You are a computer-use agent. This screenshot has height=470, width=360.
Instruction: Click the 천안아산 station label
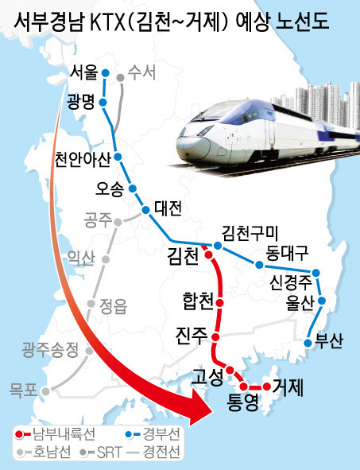(82, 159)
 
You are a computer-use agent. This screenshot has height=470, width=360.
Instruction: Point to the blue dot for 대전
(145, 210)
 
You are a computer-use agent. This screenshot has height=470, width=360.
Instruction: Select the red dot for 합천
(219, 303)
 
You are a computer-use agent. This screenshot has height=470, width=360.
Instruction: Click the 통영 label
(243, 402)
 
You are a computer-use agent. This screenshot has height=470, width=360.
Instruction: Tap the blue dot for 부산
(308, 342)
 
